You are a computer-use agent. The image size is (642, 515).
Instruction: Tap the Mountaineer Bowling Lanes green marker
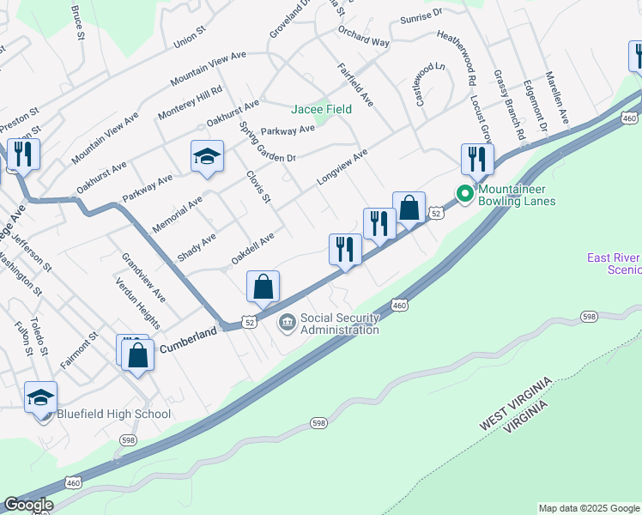pyautogui.click(x=464, y=193)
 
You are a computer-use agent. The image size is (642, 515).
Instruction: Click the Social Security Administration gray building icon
pyautogui.click(x=287, y=324)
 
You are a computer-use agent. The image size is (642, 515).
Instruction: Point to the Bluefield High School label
pyautogui.click(x=114, y=414)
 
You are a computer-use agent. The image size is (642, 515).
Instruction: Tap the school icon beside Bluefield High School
pyautogui.click(x=40, y=398)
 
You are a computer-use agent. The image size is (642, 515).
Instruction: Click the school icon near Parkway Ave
pyautogui.click(x=207, y=157)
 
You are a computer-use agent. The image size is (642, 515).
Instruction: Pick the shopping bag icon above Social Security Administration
pyautogui.click(x=263, y=287)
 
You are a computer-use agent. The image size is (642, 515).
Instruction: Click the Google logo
pyautogui.click(x=27, y=505)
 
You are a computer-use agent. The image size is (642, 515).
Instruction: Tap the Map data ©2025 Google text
pyautogui.click(x=589, y=508)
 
